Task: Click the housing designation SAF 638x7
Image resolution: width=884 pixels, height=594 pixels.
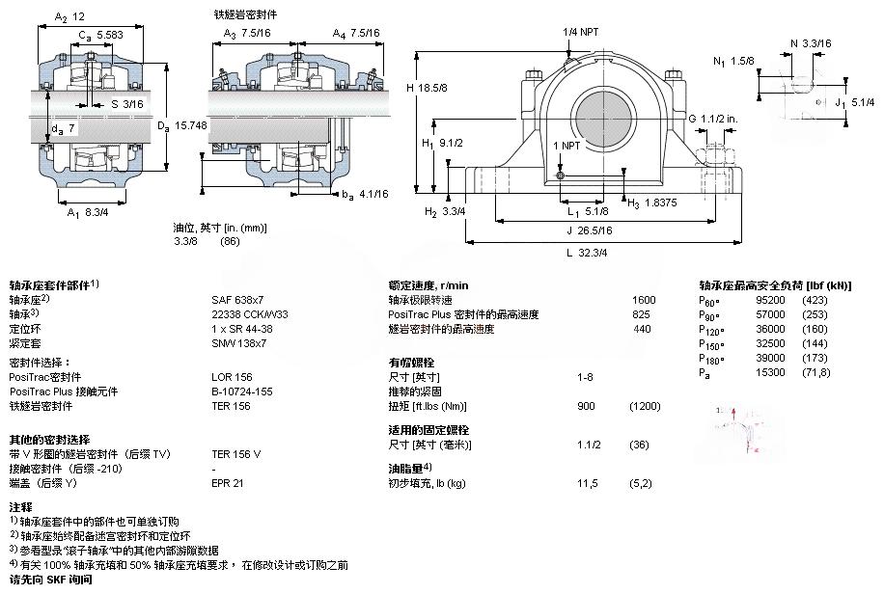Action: click(237, 299)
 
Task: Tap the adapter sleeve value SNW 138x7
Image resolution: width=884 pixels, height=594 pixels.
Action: click(237, 342)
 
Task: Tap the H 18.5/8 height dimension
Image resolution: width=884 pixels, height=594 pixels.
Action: click(427, 88)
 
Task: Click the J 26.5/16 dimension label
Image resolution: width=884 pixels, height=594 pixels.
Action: click(589, 230)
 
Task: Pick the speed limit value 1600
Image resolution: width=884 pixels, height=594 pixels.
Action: click(643, 300)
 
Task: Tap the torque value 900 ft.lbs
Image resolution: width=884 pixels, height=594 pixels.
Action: click(586, 406)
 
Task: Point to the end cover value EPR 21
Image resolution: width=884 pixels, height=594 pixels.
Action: click(228, 483)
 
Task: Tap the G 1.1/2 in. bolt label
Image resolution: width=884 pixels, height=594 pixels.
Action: click(712, 118)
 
